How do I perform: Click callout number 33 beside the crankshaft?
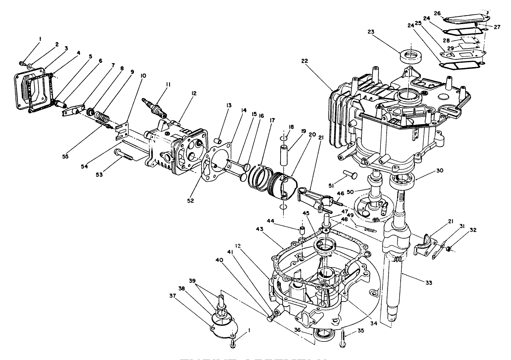(x=429, y=283)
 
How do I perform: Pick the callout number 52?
(x=190, y=201)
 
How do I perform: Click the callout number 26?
(x=437, y=13)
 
